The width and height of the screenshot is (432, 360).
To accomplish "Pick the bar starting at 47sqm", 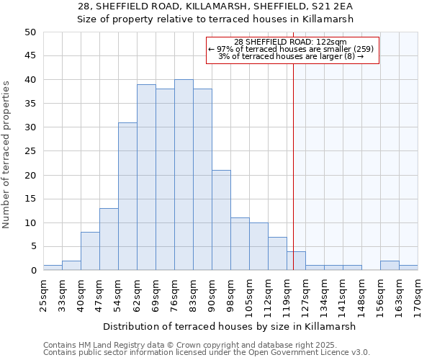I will [x=109, y=239].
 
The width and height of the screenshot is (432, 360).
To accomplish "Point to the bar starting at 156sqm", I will [x=390, y=266].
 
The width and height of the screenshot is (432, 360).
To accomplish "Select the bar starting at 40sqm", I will [x=90, y=251].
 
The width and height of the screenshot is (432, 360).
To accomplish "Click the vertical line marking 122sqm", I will [x=293, y=166].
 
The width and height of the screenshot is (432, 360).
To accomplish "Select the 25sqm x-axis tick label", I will [x=43, y=292].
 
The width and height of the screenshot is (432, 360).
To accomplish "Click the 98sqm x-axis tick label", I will [x=230, y=292].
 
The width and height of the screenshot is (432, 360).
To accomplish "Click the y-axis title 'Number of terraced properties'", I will [x=7, y=155].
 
